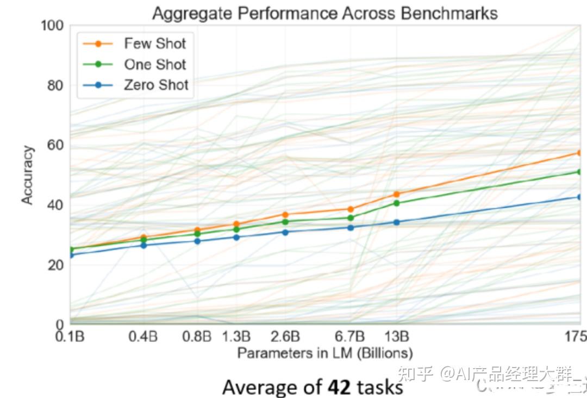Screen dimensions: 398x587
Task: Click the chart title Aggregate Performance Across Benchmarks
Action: coord(324,13)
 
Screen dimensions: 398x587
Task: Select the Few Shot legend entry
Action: coord(155,43)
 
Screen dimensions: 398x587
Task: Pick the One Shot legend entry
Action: coord(155,64)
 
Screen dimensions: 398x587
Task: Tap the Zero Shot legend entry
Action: coord(156,85)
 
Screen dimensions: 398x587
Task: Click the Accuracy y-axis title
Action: coord(28,175)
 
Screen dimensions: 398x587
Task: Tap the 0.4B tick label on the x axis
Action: coord(143,336)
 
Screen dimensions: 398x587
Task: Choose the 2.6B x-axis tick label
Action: coord(285,336)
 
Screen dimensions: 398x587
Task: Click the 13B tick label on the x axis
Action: coord(396,336)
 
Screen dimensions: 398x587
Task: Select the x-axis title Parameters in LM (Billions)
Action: coord(324,353)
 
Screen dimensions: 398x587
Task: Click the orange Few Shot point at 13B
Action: coord(396,194)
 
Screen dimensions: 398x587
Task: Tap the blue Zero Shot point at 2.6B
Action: coord(285,232)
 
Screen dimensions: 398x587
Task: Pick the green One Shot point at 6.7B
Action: coord(351,218)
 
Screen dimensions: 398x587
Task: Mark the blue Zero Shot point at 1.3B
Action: coord(236,237)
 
